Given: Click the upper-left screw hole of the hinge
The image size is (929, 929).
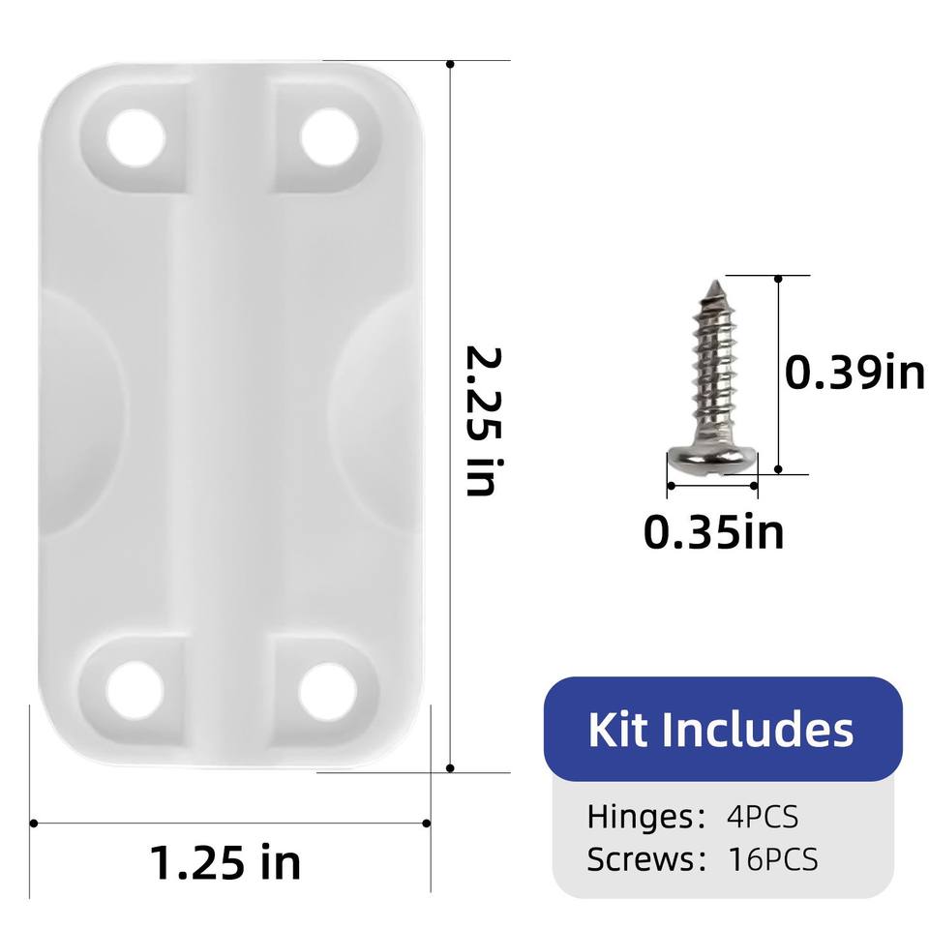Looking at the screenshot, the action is coord(135,138).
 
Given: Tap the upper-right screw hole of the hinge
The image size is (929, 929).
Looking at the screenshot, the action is coord(329,137).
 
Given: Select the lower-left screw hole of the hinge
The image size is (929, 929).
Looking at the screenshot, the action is coord(135,691).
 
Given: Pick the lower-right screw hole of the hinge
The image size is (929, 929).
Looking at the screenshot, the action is coord(328,692).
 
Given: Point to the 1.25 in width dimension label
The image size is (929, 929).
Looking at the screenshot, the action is coord(225,862).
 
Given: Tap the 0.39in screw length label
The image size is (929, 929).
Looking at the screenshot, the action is coord(854,373).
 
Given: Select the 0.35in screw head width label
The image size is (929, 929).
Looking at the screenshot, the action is coord(713,531).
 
